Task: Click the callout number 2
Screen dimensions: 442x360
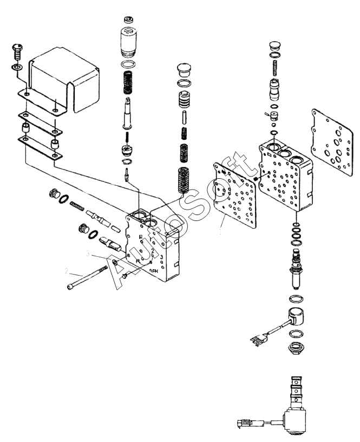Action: coord(67,271)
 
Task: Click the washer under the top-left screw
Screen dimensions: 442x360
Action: coord(16,68)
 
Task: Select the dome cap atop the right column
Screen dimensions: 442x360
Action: coord(275,45)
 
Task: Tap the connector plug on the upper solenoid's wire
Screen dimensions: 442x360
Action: coord(255,340)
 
